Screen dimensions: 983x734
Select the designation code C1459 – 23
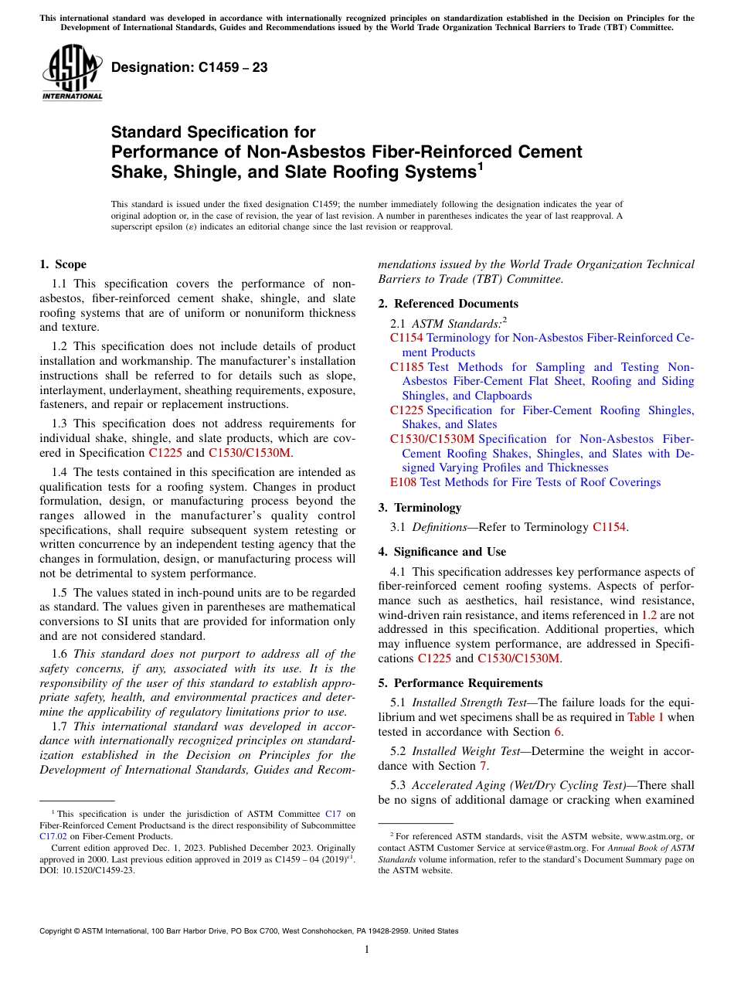coord(189,68)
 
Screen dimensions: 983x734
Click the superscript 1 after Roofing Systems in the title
coord(480,165)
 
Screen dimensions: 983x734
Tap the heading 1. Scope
coord(63,264)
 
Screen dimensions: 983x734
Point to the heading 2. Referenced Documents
coord(448,304)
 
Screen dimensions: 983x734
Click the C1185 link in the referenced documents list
coord(406,367)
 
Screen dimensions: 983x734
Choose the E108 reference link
coord(403,482)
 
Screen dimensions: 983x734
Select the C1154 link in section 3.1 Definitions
coord(609,527)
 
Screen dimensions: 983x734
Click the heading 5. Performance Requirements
coord(460,683)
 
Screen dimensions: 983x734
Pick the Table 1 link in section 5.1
coord(645,717)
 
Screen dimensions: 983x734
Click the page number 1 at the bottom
coord(366,949)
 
